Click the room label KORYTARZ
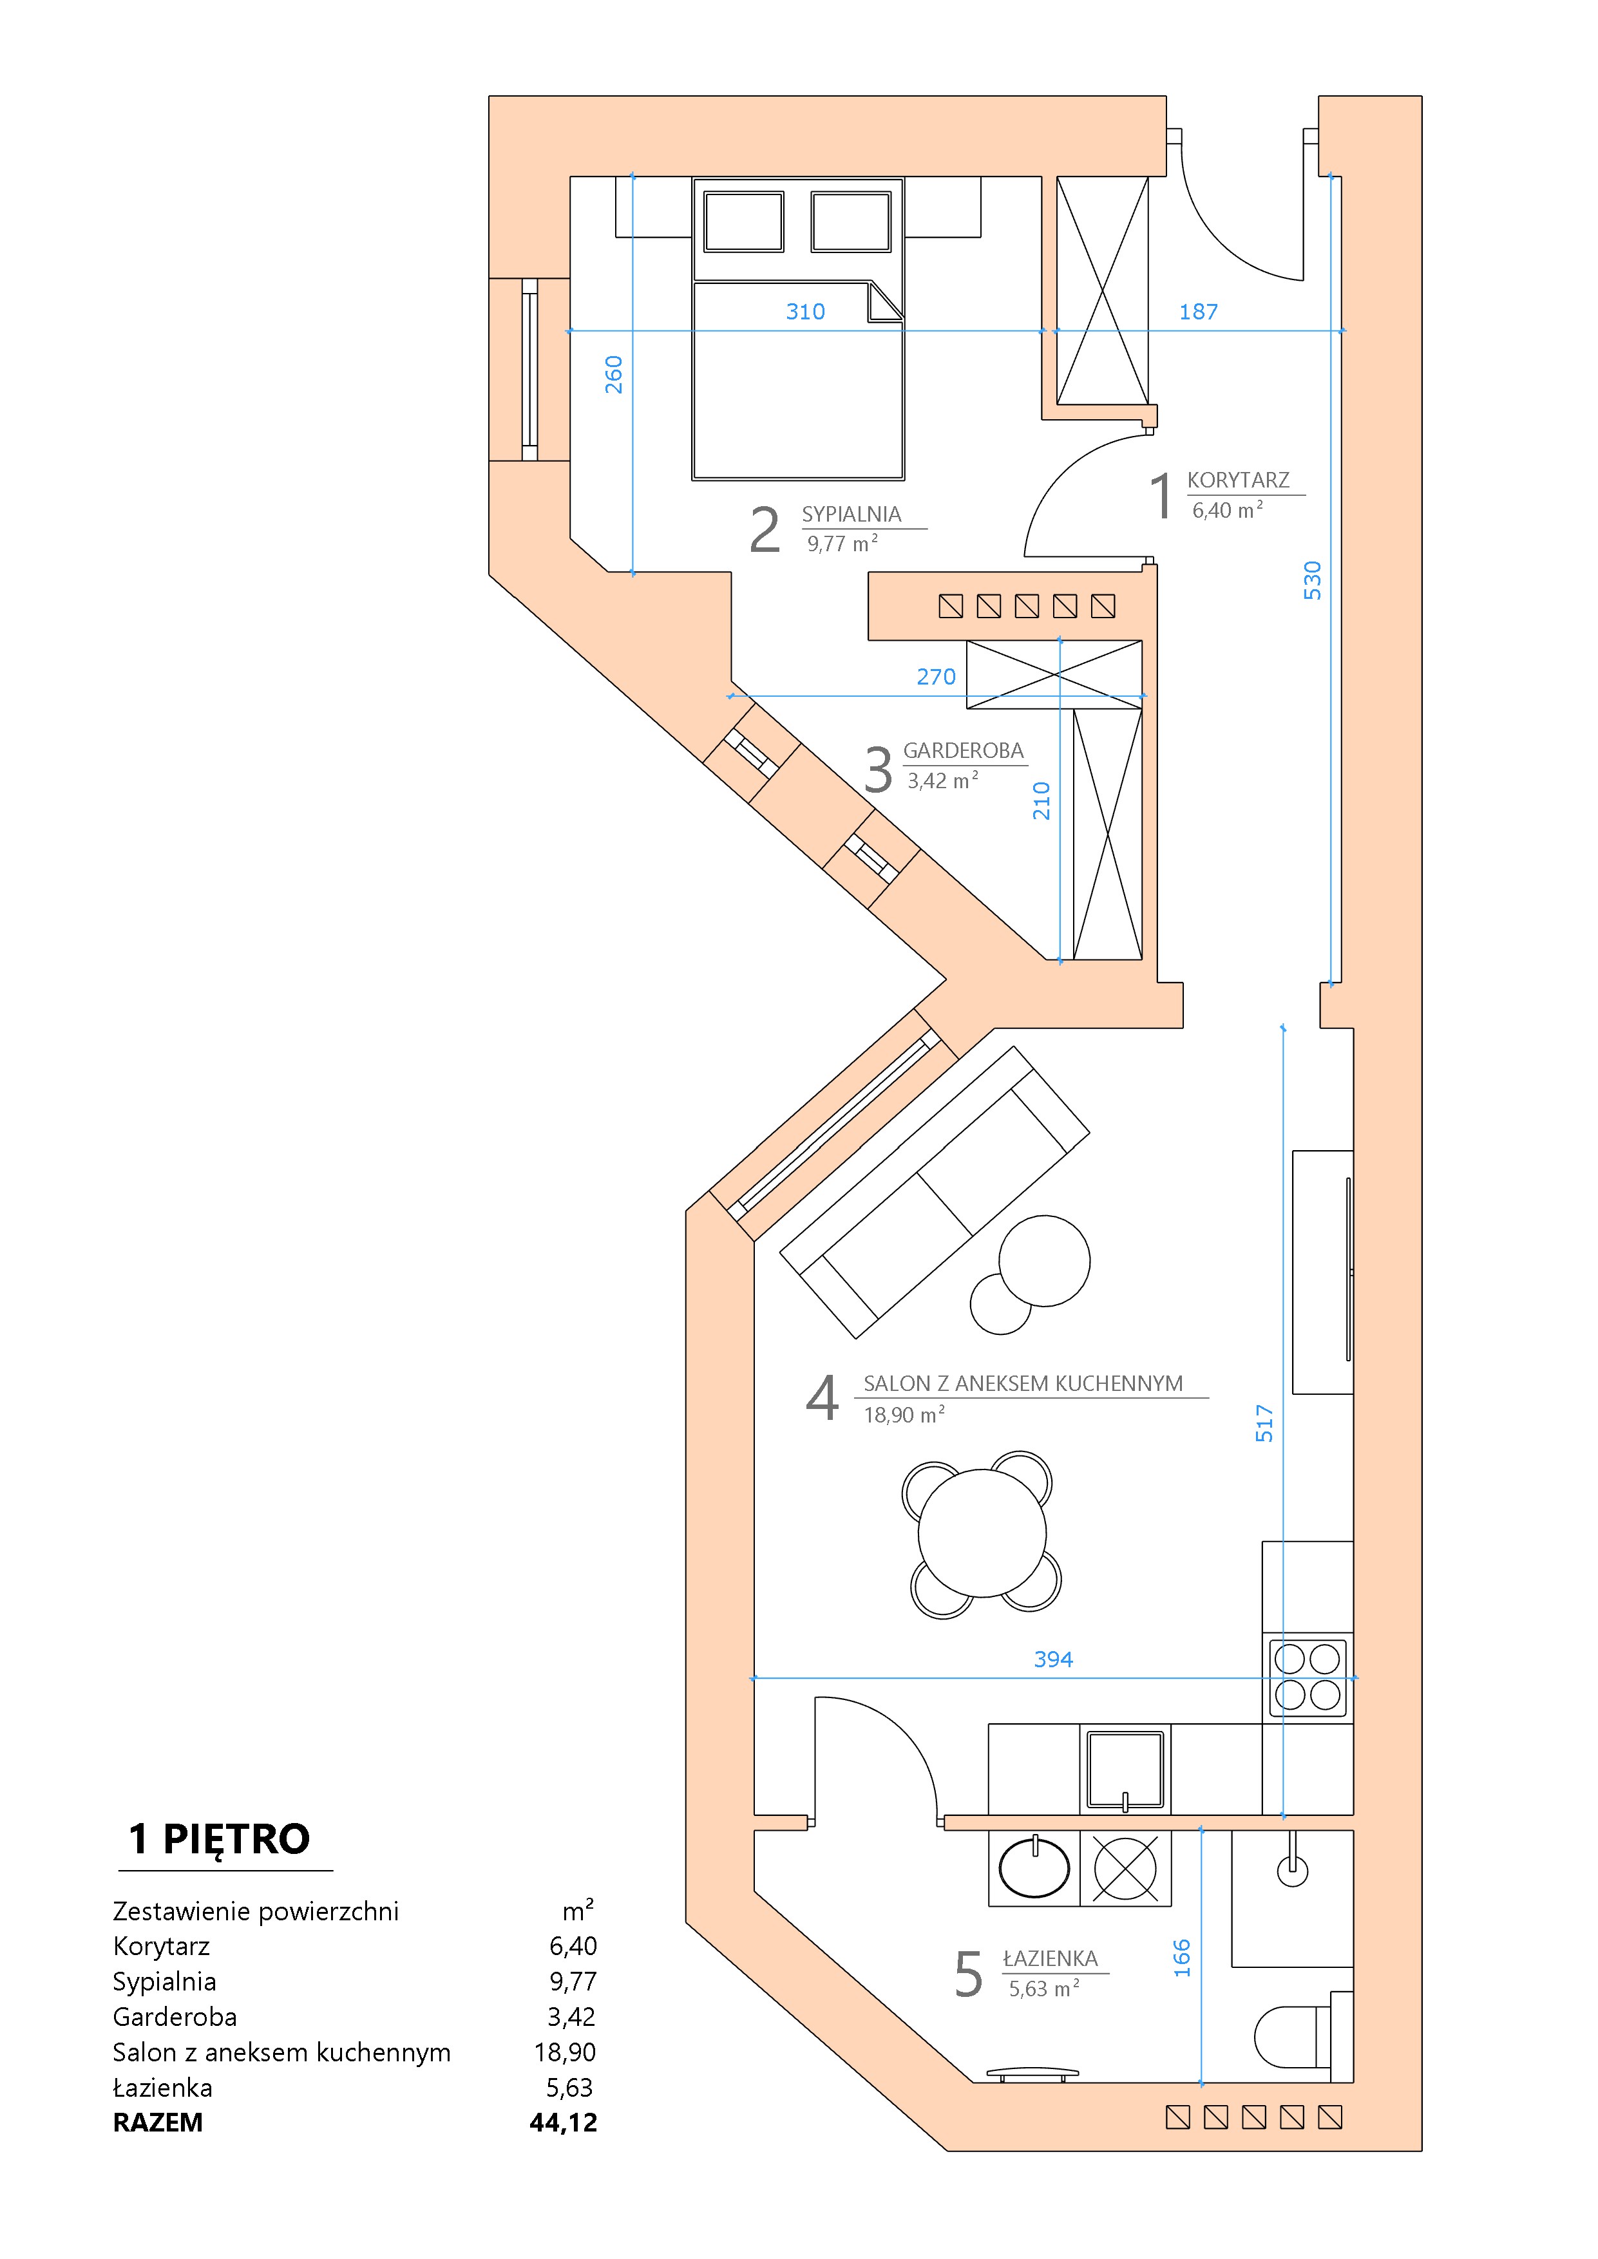[1238, 480]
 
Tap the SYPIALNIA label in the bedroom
[851, 514]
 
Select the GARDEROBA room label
[964, 751]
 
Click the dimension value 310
[805, 312]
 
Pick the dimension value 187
[1199, 312]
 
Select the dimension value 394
[1053, 1660]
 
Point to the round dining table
[982, 1533]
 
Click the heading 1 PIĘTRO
[220, 1839]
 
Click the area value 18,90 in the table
[565, 2052]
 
